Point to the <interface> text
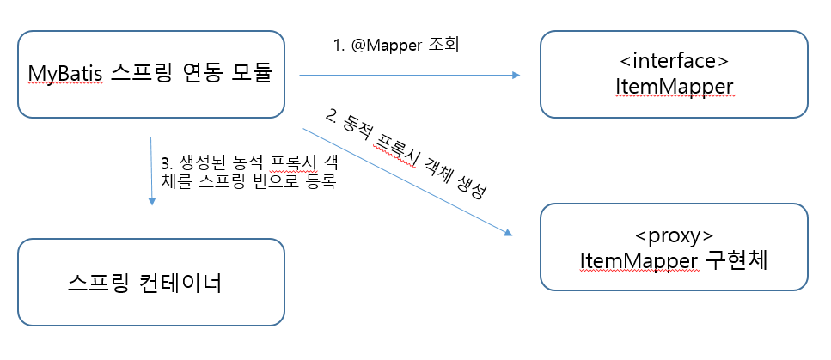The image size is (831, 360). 673,62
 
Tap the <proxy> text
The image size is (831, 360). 673,235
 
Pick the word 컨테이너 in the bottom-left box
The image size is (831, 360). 178,282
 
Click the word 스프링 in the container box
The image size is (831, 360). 97,282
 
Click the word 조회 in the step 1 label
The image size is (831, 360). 443,44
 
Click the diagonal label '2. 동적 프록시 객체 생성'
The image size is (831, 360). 407,153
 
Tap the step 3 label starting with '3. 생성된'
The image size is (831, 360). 247,171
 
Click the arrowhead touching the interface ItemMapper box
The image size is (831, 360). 516,76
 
